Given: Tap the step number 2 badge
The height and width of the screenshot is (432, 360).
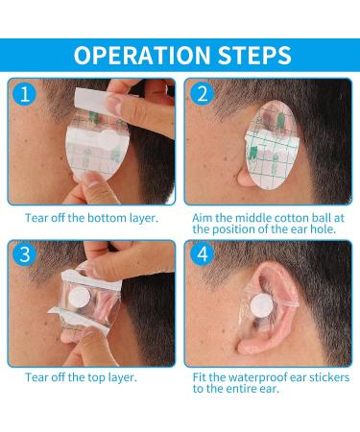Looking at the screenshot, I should (x=202, y=94).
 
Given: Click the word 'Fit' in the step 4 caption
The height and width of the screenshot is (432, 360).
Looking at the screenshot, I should (x=200, y=376).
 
